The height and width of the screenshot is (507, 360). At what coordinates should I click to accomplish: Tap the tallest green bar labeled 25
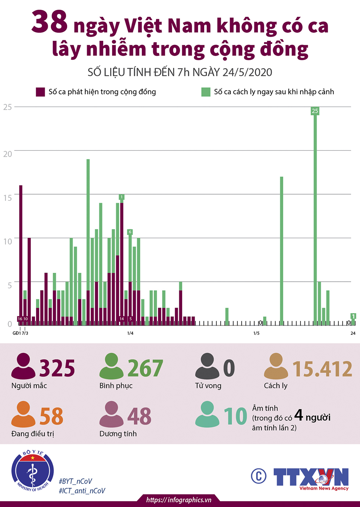(315, 217)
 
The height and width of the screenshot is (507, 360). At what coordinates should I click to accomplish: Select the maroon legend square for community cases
(40, 92)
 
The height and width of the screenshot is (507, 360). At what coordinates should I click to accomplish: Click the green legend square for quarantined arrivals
(206, 92)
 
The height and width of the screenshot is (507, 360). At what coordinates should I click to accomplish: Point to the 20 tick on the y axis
(8, 154)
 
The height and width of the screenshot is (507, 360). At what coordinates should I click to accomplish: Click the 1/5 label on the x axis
(256, 333)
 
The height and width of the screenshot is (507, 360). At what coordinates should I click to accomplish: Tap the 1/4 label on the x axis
(130, 333)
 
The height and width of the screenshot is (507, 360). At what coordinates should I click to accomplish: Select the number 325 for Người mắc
(57, 368)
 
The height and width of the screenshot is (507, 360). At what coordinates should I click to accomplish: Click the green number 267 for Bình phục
(145, 368)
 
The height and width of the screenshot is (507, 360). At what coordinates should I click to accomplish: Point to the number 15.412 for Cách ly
(323, 369)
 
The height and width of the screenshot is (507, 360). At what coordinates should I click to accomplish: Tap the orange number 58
(51, 416)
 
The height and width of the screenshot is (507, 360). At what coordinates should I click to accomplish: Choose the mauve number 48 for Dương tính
(140, 416)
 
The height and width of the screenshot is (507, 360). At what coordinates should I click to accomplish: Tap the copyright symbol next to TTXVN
(259, 476)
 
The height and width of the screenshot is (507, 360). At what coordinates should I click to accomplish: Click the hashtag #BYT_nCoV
(75, 481)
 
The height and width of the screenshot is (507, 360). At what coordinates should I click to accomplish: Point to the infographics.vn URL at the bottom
(179, 500)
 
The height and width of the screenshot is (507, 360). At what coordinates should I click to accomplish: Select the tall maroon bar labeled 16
(21, 253)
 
